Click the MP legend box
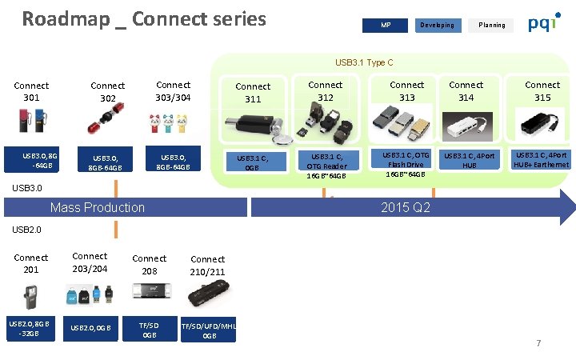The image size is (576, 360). click(x=386, y=25)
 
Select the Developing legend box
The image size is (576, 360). click(x=437, y=25)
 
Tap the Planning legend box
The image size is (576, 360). click(x=491, y=25)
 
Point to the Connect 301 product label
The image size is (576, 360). click(x=31, y=91)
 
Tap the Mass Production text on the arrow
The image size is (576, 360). click(x=98, y=207)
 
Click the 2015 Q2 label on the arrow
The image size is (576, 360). click(x=406, y=207)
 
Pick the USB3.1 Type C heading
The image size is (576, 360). click(x=364, y=62)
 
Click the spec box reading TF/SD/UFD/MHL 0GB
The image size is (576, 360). click(x=209, y=330)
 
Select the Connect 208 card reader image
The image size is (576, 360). click(x=149, y=291)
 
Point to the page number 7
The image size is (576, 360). click(x=538, y=343)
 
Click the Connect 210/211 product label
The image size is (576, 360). click(x=208, y=266)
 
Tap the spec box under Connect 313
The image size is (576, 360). click(x=406, y=164)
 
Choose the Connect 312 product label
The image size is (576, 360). click(x=326, y=91)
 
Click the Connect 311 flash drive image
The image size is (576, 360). click(x=253, y=126)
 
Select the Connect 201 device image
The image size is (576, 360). click(x=30, y=292)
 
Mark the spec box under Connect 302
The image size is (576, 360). click(x=107, y=163)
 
